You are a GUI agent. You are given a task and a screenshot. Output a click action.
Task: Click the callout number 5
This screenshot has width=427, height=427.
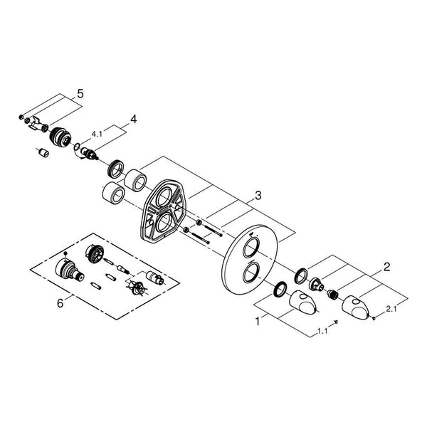(80, 94)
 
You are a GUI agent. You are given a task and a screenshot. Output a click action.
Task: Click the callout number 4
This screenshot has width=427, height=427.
(134, 119)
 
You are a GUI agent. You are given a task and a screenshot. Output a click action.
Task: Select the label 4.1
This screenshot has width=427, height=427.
(97, 134)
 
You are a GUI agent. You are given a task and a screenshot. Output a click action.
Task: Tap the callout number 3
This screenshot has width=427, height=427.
(258, 195)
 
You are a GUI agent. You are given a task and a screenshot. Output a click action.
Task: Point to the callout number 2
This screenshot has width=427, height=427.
(386, 267)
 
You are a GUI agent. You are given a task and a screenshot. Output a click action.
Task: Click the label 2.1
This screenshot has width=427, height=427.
(391, 309)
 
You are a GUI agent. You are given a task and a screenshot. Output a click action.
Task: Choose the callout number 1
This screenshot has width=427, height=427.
(258, 322)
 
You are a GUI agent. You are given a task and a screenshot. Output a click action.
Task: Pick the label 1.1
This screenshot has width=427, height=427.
(322, 332)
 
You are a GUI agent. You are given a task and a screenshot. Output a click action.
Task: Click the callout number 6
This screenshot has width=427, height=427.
(60, 303)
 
